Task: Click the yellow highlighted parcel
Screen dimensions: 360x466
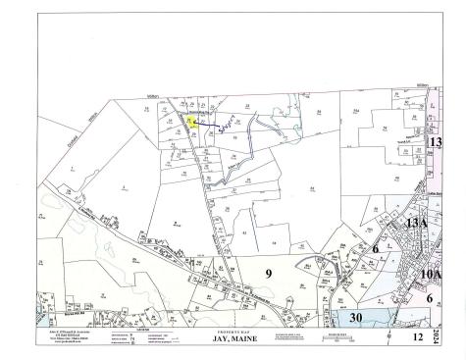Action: (189, 122)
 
